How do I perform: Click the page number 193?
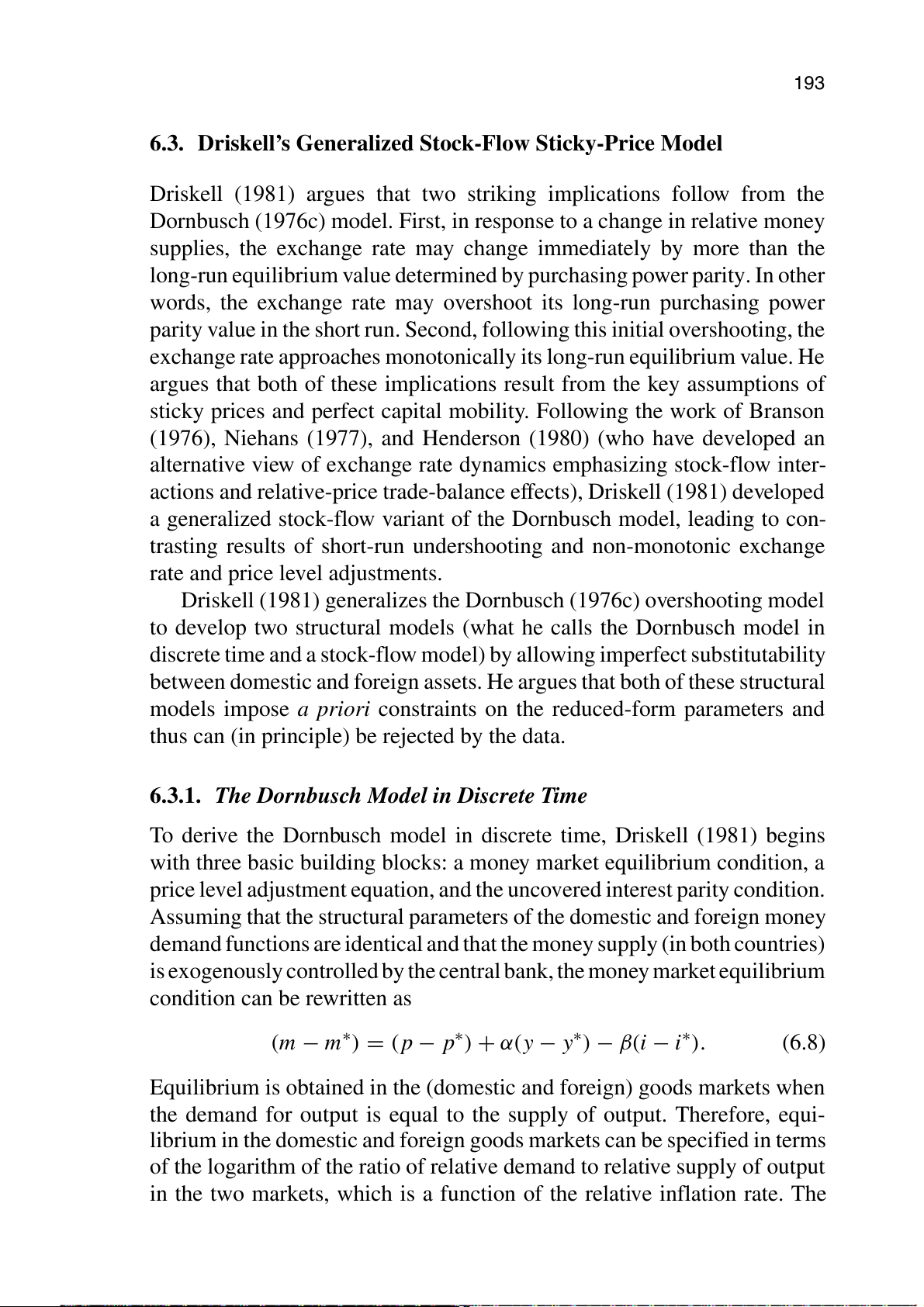808,84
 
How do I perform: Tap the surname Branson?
786,411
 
